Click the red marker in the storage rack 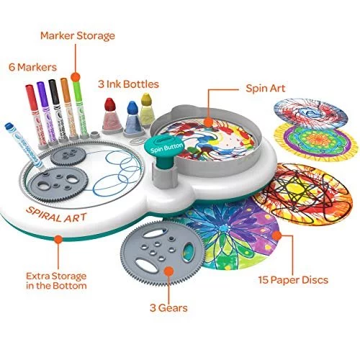[x=35, y=114]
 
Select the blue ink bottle [x=132, y=118]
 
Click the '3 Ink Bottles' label [x=128, y=84]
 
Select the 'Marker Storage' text [x=78, y=36]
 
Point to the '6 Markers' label [x=33, y=67]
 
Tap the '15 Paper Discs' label [x=293, y=280]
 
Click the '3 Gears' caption [x=168, y=308]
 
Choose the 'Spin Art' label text [x=266, y=89]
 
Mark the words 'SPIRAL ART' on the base [x=56, y=215]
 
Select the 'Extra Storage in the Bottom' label [x=56, y=281]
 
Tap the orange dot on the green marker [x=76, y=77]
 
